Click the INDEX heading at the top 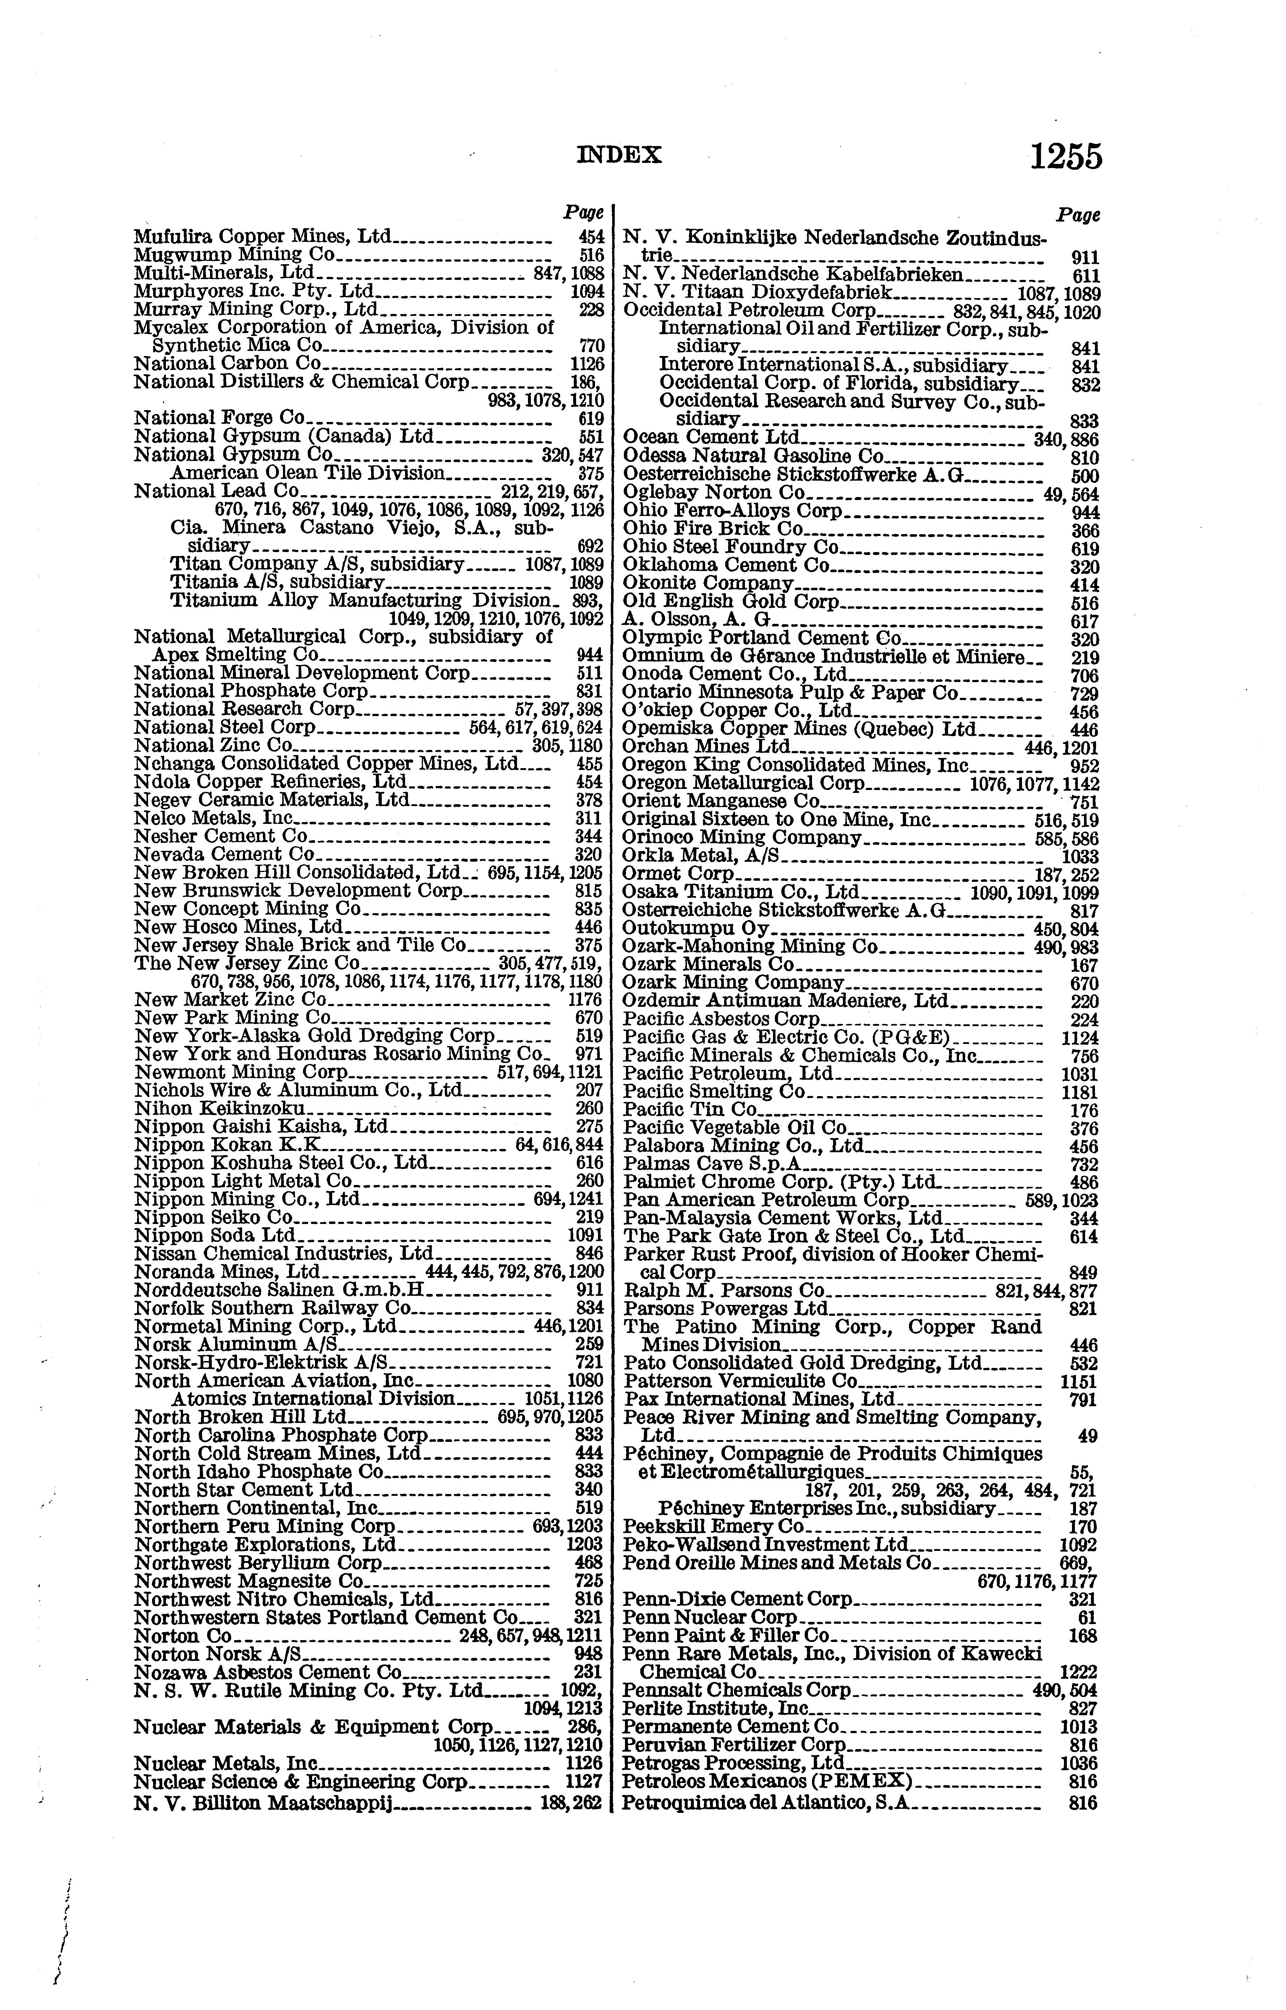(x=619, y=155)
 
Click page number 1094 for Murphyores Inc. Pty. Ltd (x=587, y=291)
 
